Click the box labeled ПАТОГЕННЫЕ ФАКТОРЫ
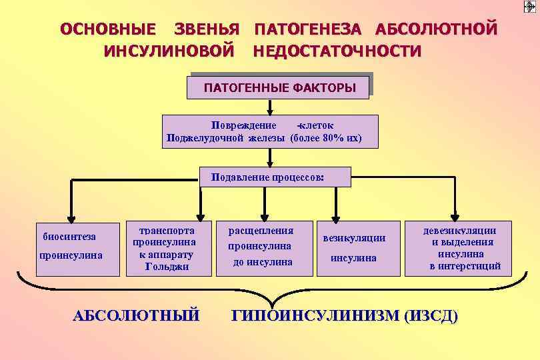coord(279,87)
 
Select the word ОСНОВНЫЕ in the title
coord(109,29)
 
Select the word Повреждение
coord(243,125)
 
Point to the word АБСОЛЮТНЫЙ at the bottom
coord(136,315)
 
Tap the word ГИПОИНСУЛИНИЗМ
coord(315,315)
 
